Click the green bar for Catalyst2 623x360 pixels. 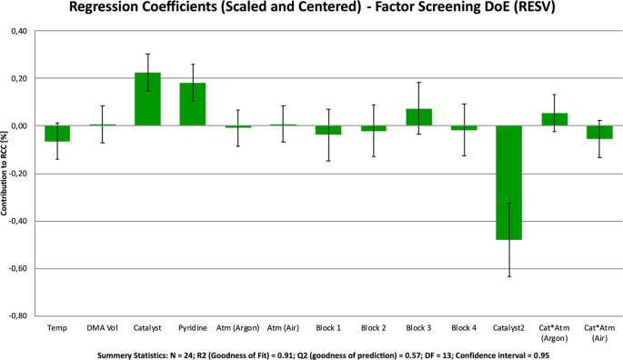(508, 182)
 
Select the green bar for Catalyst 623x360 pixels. (147, 99)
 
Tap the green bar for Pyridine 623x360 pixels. (193, 105)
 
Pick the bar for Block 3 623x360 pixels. (418, 117)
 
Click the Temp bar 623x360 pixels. (57, 134)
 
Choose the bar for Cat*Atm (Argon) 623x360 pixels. (553, 119)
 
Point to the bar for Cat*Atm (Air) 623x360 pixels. (598, 132)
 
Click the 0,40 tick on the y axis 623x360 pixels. (17, 32)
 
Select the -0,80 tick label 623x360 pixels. (16, 316)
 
